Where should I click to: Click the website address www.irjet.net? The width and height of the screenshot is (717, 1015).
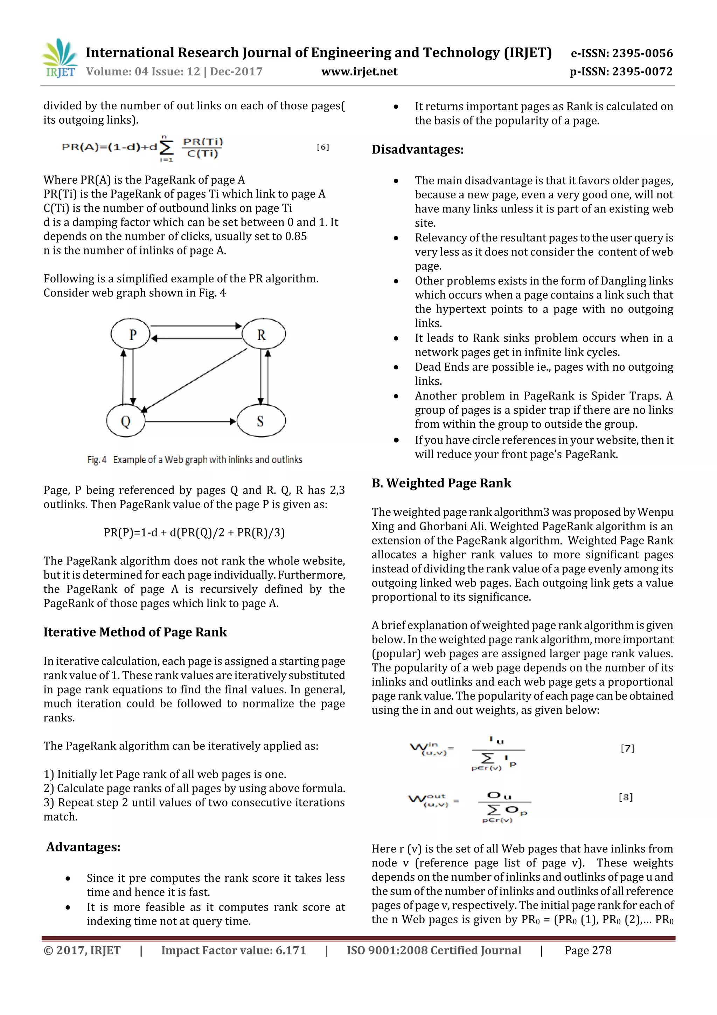(359, 71)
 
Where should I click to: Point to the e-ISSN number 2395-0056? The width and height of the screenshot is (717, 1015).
(621, 53)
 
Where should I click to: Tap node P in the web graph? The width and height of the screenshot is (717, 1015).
(131, 334)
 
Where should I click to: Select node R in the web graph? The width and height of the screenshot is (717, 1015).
(263, 334)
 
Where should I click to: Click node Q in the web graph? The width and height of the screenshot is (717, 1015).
(125, 420)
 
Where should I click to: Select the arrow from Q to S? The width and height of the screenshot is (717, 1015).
(190, 421)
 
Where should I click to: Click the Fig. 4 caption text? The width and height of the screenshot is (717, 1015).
(195, 460)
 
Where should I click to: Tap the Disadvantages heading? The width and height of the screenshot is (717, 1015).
(417, 149)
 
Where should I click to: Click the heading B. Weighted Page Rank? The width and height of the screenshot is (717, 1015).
(441, 483)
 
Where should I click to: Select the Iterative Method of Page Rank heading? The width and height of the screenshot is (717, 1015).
(135, 632)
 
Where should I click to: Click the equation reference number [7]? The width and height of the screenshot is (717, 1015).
(627, 748)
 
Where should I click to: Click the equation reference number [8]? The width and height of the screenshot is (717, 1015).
(625, 797)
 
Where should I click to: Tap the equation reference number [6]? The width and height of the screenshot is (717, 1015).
(322, 147)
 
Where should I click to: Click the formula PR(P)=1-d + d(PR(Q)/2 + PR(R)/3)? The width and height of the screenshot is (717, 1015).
(194, 532)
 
